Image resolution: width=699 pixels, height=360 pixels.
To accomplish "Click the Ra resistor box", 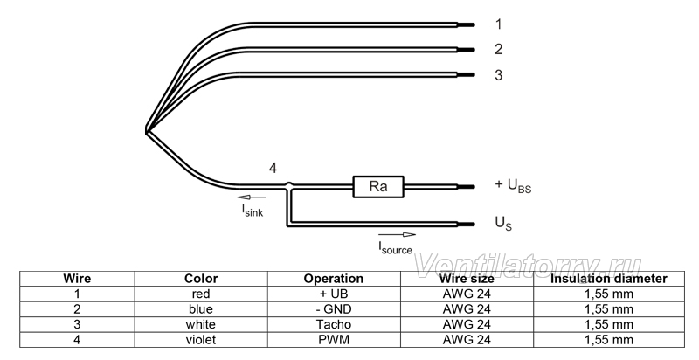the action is (x=378, y=186).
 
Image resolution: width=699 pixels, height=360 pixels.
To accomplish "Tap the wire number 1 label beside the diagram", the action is (x=498, y=24).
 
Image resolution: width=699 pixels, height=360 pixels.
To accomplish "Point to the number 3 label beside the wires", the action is (x=498, y=75).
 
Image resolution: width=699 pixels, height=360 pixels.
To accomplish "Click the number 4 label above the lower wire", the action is (x=273, y=169).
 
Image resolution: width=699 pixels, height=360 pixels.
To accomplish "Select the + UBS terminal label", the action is (x=513, y=185).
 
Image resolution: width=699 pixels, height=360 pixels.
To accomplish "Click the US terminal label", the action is (x=504, y=223).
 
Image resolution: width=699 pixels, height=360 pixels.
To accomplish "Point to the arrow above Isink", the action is (x=252, y=197).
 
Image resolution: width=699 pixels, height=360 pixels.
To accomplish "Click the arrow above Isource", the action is (x=397, y=235).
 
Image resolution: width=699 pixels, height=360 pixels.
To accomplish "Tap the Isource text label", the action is (x=396, y=247).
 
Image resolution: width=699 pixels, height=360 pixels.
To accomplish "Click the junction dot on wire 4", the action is (x=289, y=184).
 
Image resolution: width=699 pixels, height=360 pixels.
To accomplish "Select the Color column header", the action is (x=201, y=279).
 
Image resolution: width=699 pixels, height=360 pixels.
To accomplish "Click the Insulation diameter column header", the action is (x=609, y=279).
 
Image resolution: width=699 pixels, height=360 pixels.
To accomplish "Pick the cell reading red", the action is (x=201, y=294).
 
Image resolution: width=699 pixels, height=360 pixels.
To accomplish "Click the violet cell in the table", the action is (x=201, y=340).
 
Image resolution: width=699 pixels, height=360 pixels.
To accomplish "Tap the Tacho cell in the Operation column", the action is (x=334, y=324).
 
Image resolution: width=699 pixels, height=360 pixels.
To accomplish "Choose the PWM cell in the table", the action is (x=334, y=340).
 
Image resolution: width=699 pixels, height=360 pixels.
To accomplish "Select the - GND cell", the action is (x=334, y=309).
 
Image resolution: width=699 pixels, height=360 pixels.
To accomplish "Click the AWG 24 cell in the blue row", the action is (x=467, y=309).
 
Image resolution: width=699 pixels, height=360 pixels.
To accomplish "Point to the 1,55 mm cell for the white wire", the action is (x=609, y=324).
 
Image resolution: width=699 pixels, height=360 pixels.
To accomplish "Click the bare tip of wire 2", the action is (x=467, y=50).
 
